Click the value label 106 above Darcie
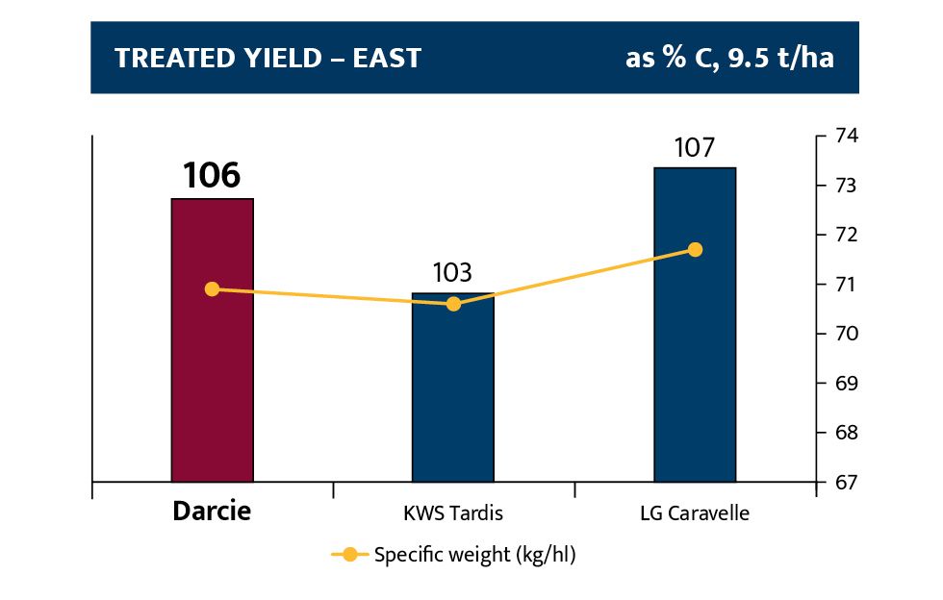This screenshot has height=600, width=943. click(x=212, y=176)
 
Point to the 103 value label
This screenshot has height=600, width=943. click(x=453, y=273)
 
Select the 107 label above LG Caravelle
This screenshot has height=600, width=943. click(x=695, y=148)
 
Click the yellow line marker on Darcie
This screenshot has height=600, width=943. click(x=213, y=288)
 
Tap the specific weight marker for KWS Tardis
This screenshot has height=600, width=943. click(x=454, y=304)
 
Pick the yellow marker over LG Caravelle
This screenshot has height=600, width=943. click(x=696, y=250)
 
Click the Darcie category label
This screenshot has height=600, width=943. click(x=212, y=512)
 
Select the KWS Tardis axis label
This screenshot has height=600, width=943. click(x=453, y=513)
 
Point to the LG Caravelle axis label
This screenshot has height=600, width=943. click(x=695, y=513)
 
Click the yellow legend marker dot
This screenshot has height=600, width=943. click(x=350, y=555)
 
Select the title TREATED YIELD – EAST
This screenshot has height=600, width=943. click(x=268, y=58)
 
